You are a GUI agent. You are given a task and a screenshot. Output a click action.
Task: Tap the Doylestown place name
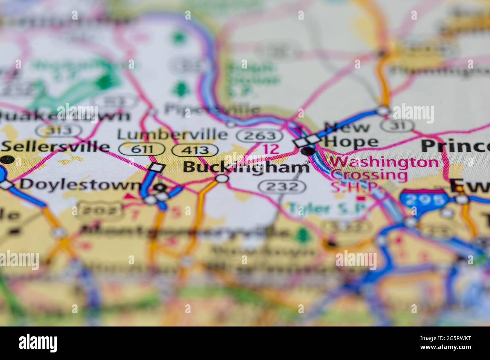point(80,185)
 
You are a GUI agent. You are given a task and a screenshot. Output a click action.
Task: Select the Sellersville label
point(55,147)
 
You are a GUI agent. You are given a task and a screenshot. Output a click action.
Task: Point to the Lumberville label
point(172,134)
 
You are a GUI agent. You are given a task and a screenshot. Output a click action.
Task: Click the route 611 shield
point(141,149)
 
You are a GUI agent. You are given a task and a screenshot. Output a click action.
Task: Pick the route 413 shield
point(195,150)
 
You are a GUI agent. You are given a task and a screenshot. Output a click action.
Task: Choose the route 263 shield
point(260,136)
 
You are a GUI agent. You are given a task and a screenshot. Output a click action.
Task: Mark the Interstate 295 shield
point(424,200)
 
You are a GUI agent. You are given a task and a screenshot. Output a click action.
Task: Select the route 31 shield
point(397,125)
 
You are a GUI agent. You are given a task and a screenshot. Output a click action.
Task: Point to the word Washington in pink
point(384,162)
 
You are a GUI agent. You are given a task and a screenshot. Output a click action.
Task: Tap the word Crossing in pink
point(369,175)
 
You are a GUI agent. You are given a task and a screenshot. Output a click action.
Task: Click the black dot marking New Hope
point(308,151)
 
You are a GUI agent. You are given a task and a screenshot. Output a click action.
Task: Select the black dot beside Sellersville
point(8,160)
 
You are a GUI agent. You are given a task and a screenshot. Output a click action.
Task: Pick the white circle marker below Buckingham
point(222,178)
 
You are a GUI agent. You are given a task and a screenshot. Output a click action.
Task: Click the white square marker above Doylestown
point(157,168)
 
